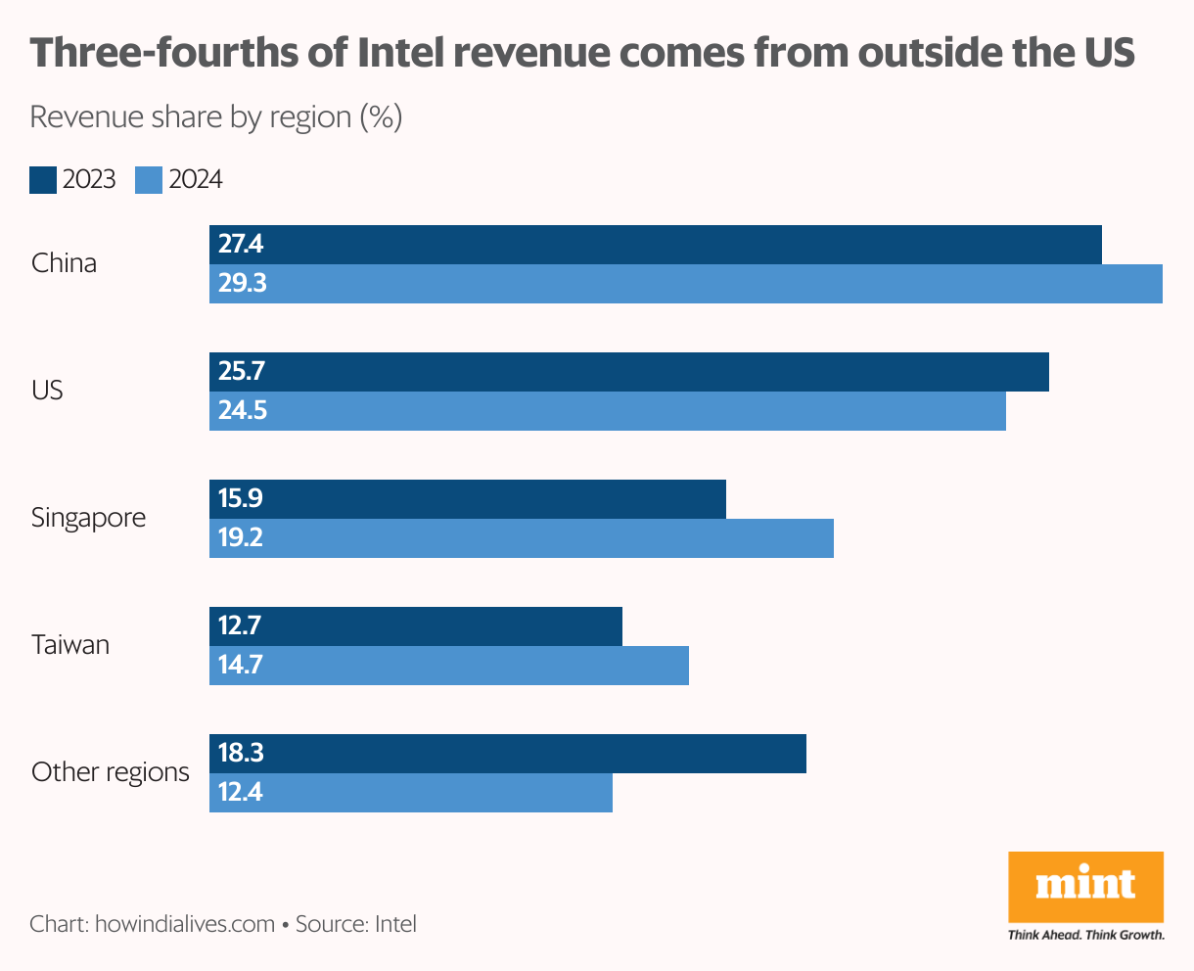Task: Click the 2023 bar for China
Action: pos(656,245)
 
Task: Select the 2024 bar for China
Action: pos(685,284)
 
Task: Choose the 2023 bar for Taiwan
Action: pos(415,626)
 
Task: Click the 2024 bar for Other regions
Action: pos(410,793)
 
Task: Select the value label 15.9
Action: pos(241,499)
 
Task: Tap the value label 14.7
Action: pos(241,666)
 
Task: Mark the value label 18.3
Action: pos(241,754)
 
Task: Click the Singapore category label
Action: pos(88,518)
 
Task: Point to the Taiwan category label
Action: pos(69,645)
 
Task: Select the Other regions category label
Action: pos(110,772)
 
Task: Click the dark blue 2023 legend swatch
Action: pos(43,180)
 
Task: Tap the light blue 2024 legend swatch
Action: pos(149,180)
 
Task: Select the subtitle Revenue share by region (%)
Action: pos(216,117)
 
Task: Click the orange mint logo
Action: pos(1085,886)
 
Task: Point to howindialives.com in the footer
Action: pos(184,924)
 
